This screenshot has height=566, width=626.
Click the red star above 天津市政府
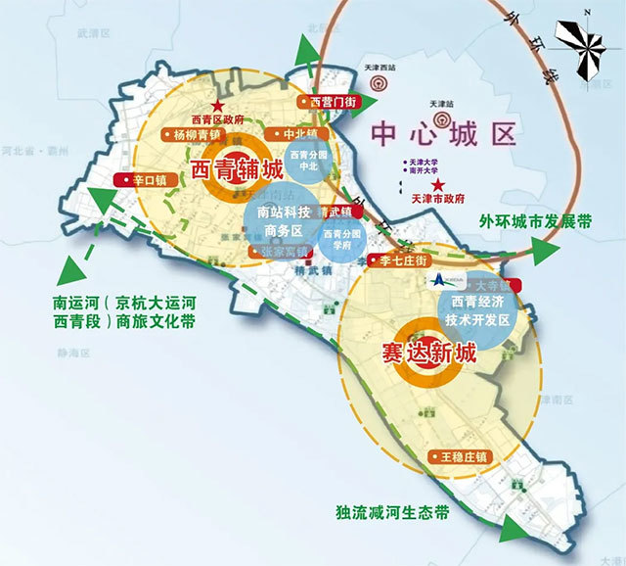pyautogui.click(x=438, y=186)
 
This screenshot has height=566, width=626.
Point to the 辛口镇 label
pyautogui.click(x=141, y=180)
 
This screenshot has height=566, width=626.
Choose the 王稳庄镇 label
pyautogui.click(x=463, y=457)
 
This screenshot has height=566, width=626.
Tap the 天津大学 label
pyautogui.click(x=427, y=162)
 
